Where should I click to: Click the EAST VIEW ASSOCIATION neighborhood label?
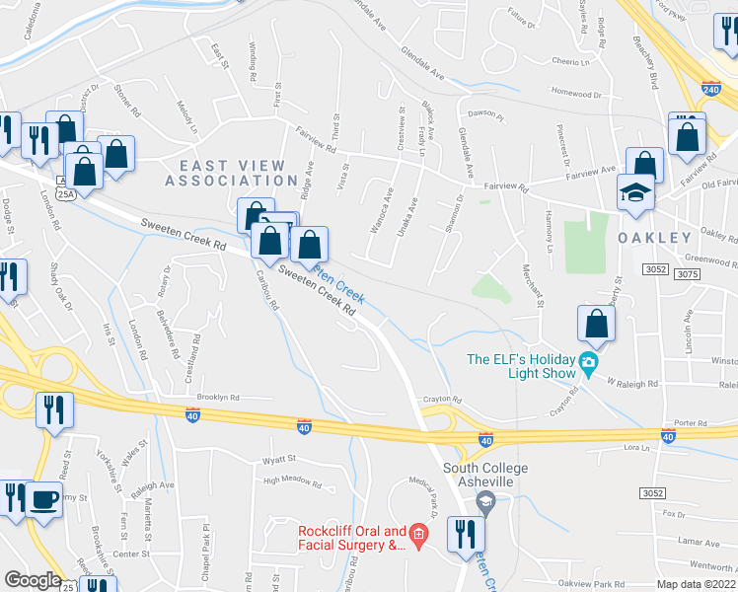coord(231,173)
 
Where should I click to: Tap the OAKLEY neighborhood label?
coord(654,239)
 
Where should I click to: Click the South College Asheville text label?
coord(485,474)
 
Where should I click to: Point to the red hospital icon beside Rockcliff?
coord(418,537)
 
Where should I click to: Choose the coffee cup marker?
coord(43,498)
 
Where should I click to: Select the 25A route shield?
coord(65,194)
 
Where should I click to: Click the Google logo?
coord(33,580)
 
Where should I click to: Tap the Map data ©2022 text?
coord(697,584)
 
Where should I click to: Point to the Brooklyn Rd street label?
coord(218,397)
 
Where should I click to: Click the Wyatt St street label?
coord(279,460)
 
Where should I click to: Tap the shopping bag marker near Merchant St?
coord(597,323)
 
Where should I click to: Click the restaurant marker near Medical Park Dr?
coord(463,534)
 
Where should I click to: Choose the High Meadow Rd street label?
coord(293,483)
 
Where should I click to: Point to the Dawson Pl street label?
coord(486,114)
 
